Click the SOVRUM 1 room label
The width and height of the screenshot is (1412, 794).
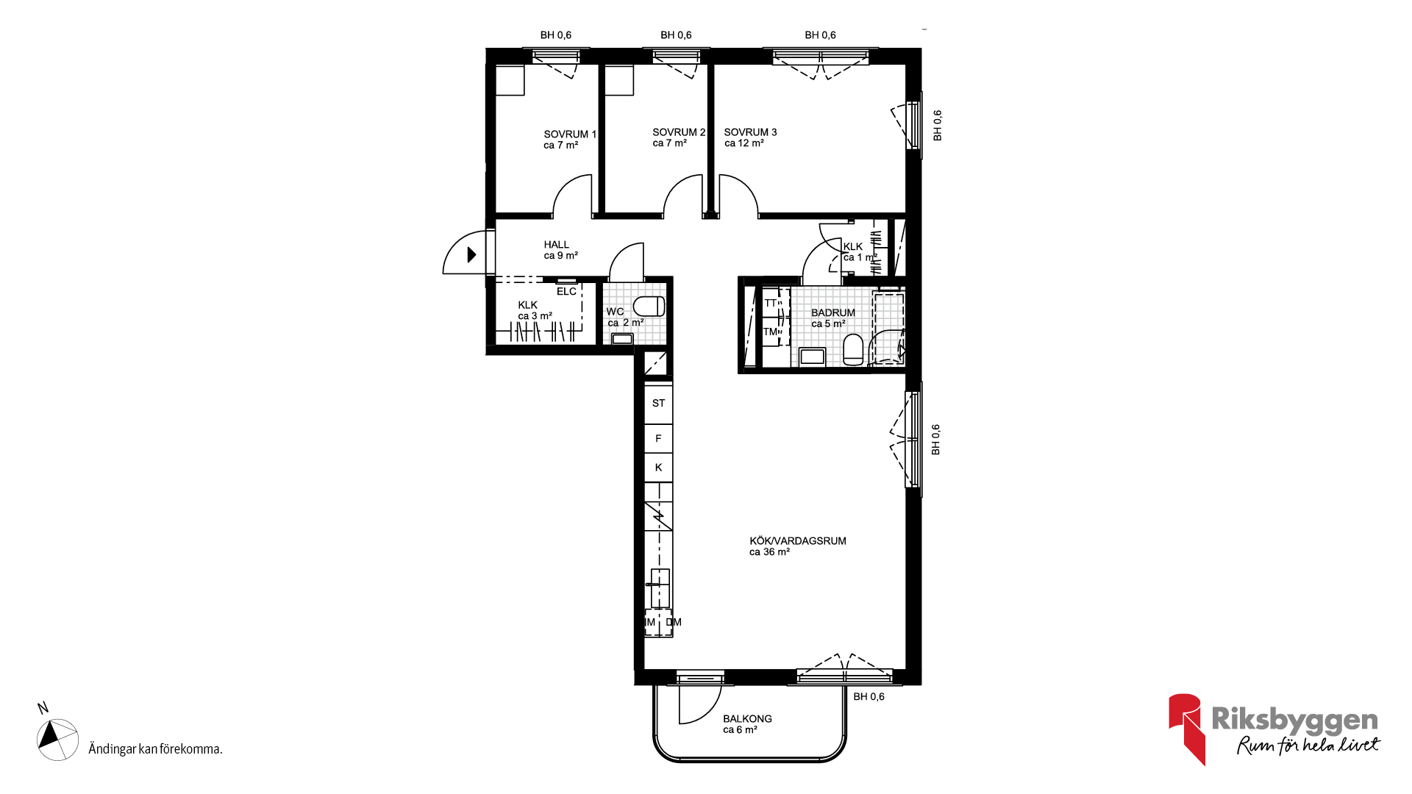(570, 134)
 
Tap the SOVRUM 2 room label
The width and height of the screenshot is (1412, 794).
(679, 132)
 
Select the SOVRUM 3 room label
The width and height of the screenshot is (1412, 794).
(750, 132)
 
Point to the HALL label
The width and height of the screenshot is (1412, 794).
(557, 245)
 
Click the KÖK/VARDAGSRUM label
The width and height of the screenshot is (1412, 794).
(798, 540)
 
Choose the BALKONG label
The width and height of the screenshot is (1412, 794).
(747, 718)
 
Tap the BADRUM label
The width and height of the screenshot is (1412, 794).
(833, 312)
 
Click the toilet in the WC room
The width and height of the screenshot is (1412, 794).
(649, 306)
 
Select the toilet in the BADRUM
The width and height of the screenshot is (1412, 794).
(853, 350)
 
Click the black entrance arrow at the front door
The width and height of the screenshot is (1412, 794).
(471, 254)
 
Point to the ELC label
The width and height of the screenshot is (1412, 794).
(566, 291)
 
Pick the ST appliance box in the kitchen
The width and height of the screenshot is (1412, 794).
(658, 403)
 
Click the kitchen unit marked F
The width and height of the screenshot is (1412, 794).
(658, 438)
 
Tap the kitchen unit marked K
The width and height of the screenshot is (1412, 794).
(658, 467)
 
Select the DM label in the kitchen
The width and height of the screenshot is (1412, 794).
(674, 622)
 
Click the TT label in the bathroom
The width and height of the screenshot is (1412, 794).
(770, 303)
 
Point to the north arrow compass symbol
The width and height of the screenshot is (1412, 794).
(57, 739)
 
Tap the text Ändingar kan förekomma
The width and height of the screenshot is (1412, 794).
(155, 749)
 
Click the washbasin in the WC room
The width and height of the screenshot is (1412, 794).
(622, 339)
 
